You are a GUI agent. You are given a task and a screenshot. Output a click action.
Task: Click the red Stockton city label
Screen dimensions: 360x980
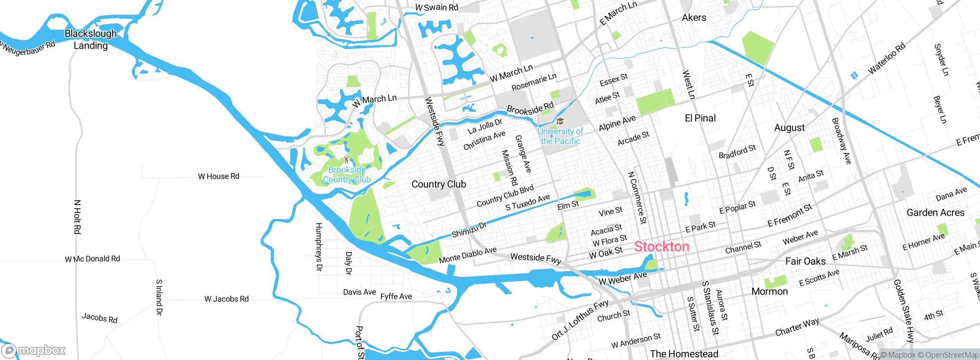[661, 247]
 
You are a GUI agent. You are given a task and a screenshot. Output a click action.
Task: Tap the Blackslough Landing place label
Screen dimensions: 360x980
[91, 39]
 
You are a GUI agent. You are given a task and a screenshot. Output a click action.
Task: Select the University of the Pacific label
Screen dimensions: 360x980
[560, 136]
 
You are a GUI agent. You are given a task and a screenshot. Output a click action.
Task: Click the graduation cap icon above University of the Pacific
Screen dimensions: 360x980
[560, 122]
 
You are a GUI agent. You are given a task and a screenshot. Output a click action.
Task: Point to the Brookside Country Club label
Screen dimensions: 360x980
[347, 175]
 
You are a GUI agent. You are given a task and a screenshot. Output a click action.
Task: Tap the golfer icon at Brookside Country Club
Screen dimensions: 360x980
[346, 159]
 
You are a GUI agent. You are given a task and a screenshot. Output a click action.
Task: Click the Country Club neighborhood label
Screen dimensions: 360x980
[439, 184]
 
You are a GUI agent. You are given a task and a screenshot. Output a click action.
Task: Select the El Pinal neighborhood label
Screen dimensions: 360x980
[700, 118]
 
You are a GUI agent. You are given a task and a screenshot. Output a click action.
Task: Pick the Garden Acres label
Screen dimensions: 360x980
[935, 213]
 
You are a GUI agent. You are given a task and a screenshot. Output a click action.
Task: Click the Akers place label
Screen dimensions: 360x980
[694, 18]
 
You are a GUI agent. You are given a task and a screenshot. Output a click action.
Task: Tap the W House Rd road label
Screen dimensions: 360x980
[219, 176]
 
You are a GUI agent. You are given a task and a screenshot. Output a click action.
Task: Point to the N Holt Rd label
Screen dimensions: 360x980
[77, 217]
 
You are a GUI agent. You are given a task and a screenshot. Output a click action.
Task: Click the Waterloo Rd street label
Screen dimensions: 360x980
[887, 58]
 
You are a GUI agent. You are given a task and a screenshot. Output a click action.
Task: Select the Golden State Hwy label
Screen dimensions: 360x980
[904, 311]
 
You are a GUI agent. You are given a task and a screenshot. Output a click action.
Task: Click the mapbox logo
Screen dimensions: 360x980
[34, 350]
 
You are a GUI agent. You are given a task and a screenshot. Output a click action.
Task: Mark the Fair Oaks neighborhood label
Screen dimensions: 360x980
[805, 261]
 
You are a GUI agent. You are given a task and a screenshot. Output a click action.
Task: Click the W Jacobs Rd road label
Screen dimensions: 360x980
[227, 299]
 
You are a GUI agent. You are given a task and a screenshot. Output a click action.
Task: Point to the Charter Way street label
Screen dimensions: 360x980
[797, 327]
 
